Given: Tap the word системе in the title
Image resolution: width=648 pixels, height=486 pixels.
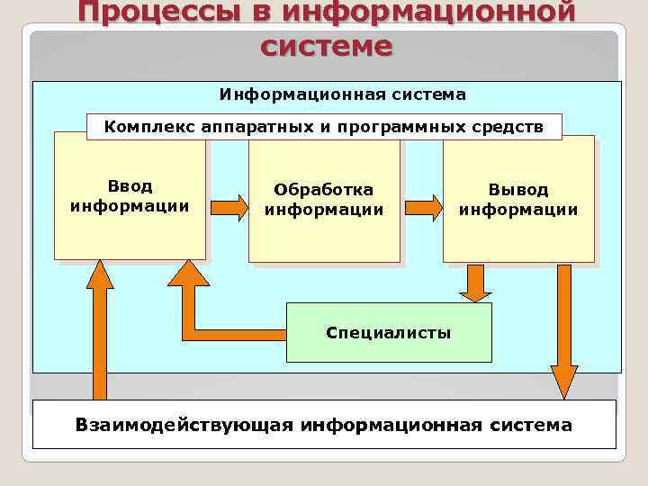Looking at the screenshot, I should (326, 45).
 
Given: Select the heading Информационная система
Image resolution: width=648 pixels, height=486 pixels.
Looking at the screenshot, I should (343, 94).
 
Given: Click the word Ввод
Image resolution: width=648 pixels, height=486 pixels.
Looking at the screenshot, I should (130, 186).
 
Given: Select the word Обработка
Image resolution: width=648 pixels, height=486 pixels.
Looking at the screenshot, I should (324, 190).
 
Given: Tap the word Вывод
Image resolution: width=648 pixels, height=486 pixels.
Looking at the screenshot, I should (518, 190).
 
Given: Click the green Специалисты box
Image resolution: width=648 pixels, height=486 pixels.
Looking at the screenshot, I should (389, 332).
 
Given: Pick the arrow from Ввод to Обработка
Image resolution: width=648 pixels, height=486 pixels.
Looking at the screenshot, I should (229, 209).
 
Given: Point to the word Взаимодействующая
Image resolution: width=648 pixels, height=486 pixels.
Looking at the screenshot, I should (184, 424).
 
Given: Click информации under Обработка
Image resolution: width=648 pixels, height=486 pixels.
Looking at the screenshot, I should (324, 210).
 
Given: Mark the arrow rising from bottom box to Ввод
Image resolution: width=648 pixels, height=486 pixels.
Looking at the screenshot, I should (99, 333).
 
